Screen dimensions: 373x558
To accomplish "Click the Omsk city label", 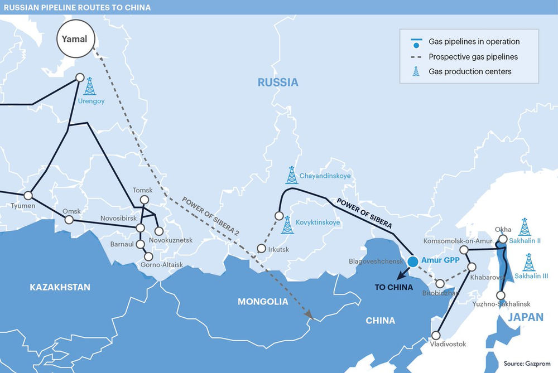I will pyautogui.click(x=71, y=211).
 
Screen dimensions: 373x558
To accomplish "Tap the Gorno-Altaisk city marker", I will pyautogui.click(x=148, y=256).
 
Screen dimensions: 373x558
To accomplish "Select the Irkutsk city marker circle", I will pyautogui.click(x=261, y=249).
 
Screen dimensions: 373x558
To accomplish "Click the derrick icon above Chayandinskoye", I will pyautogui.click(x=291, y=175).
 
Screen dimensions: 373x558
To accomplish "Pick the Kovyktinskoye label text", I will pyautogui.click(x=318, y=222).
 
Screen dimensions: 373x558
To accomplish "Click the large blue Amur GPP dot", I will pyautogui.click(x=413, y=261).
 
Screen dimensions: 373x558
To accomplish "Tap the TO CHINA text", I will pyautogui.click(x=393, y=287).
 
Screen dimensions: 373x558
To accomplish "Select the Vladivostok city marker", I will pyautogui.click(x=436, y=336).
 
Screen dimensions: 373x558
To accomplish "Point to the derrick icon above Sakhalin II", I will pyautogui.click(x=525, y=227).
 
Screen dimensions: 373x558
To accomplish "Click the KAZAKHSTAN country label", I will pyautogui.click(x=60, y=287).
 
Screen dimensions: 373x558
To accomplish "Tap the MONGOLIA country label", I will pyautogui.click(x=263, y=302).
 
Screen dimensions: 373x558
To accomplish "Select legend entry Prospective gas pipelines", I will pyautogui.click(x=473, y=57).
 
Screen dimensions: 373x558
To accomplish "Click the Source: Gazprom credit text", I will pyautogui.click(x=527, y=363).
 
